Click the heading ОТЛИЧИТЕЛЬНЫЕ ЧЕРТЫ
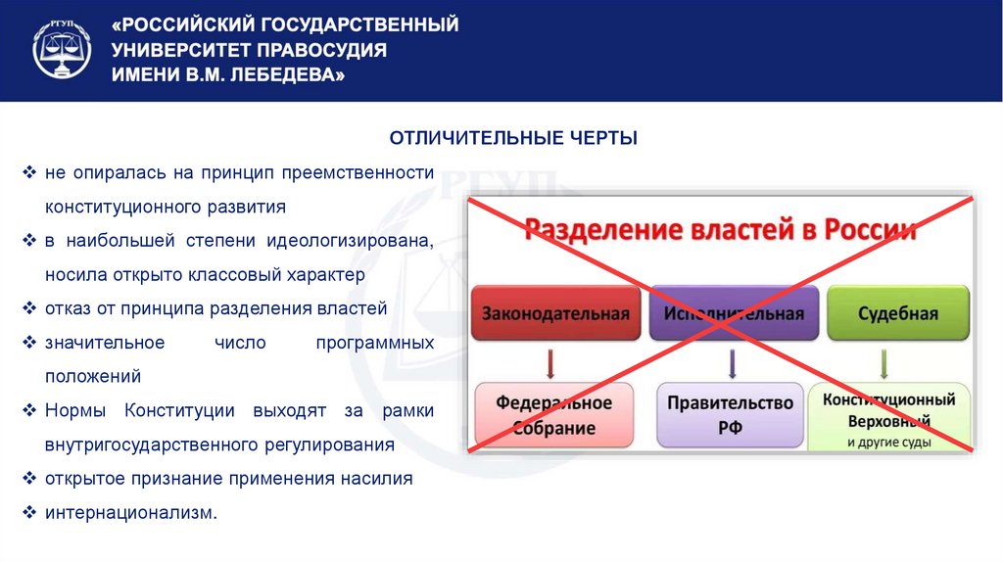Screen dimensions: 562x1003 click(513, 138)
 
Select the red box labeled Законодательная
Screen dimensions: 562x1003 click(555, 313)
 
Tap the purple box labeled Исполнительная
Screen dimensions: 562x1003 click(734, 313)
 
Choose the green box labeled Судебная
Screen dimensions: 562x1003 click(898, 313)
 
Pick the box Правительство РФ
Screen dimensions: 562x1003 click(731, 415)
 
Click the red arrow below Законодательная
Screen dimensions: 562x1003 click(551, 364)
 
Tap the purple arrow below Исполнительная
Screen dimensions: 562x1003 click(733, 364)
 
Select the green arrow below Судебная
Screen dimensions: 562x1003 click(884, 364)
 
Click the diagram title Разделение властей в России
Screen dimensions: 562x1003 click(721, 231)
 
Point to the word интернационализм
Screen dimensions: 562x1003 click(129, 512)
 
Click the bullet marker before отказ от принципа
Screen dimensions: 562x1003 click(30, 308)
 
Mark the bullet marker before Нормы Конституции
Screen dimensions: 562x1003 click(30, 410)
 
